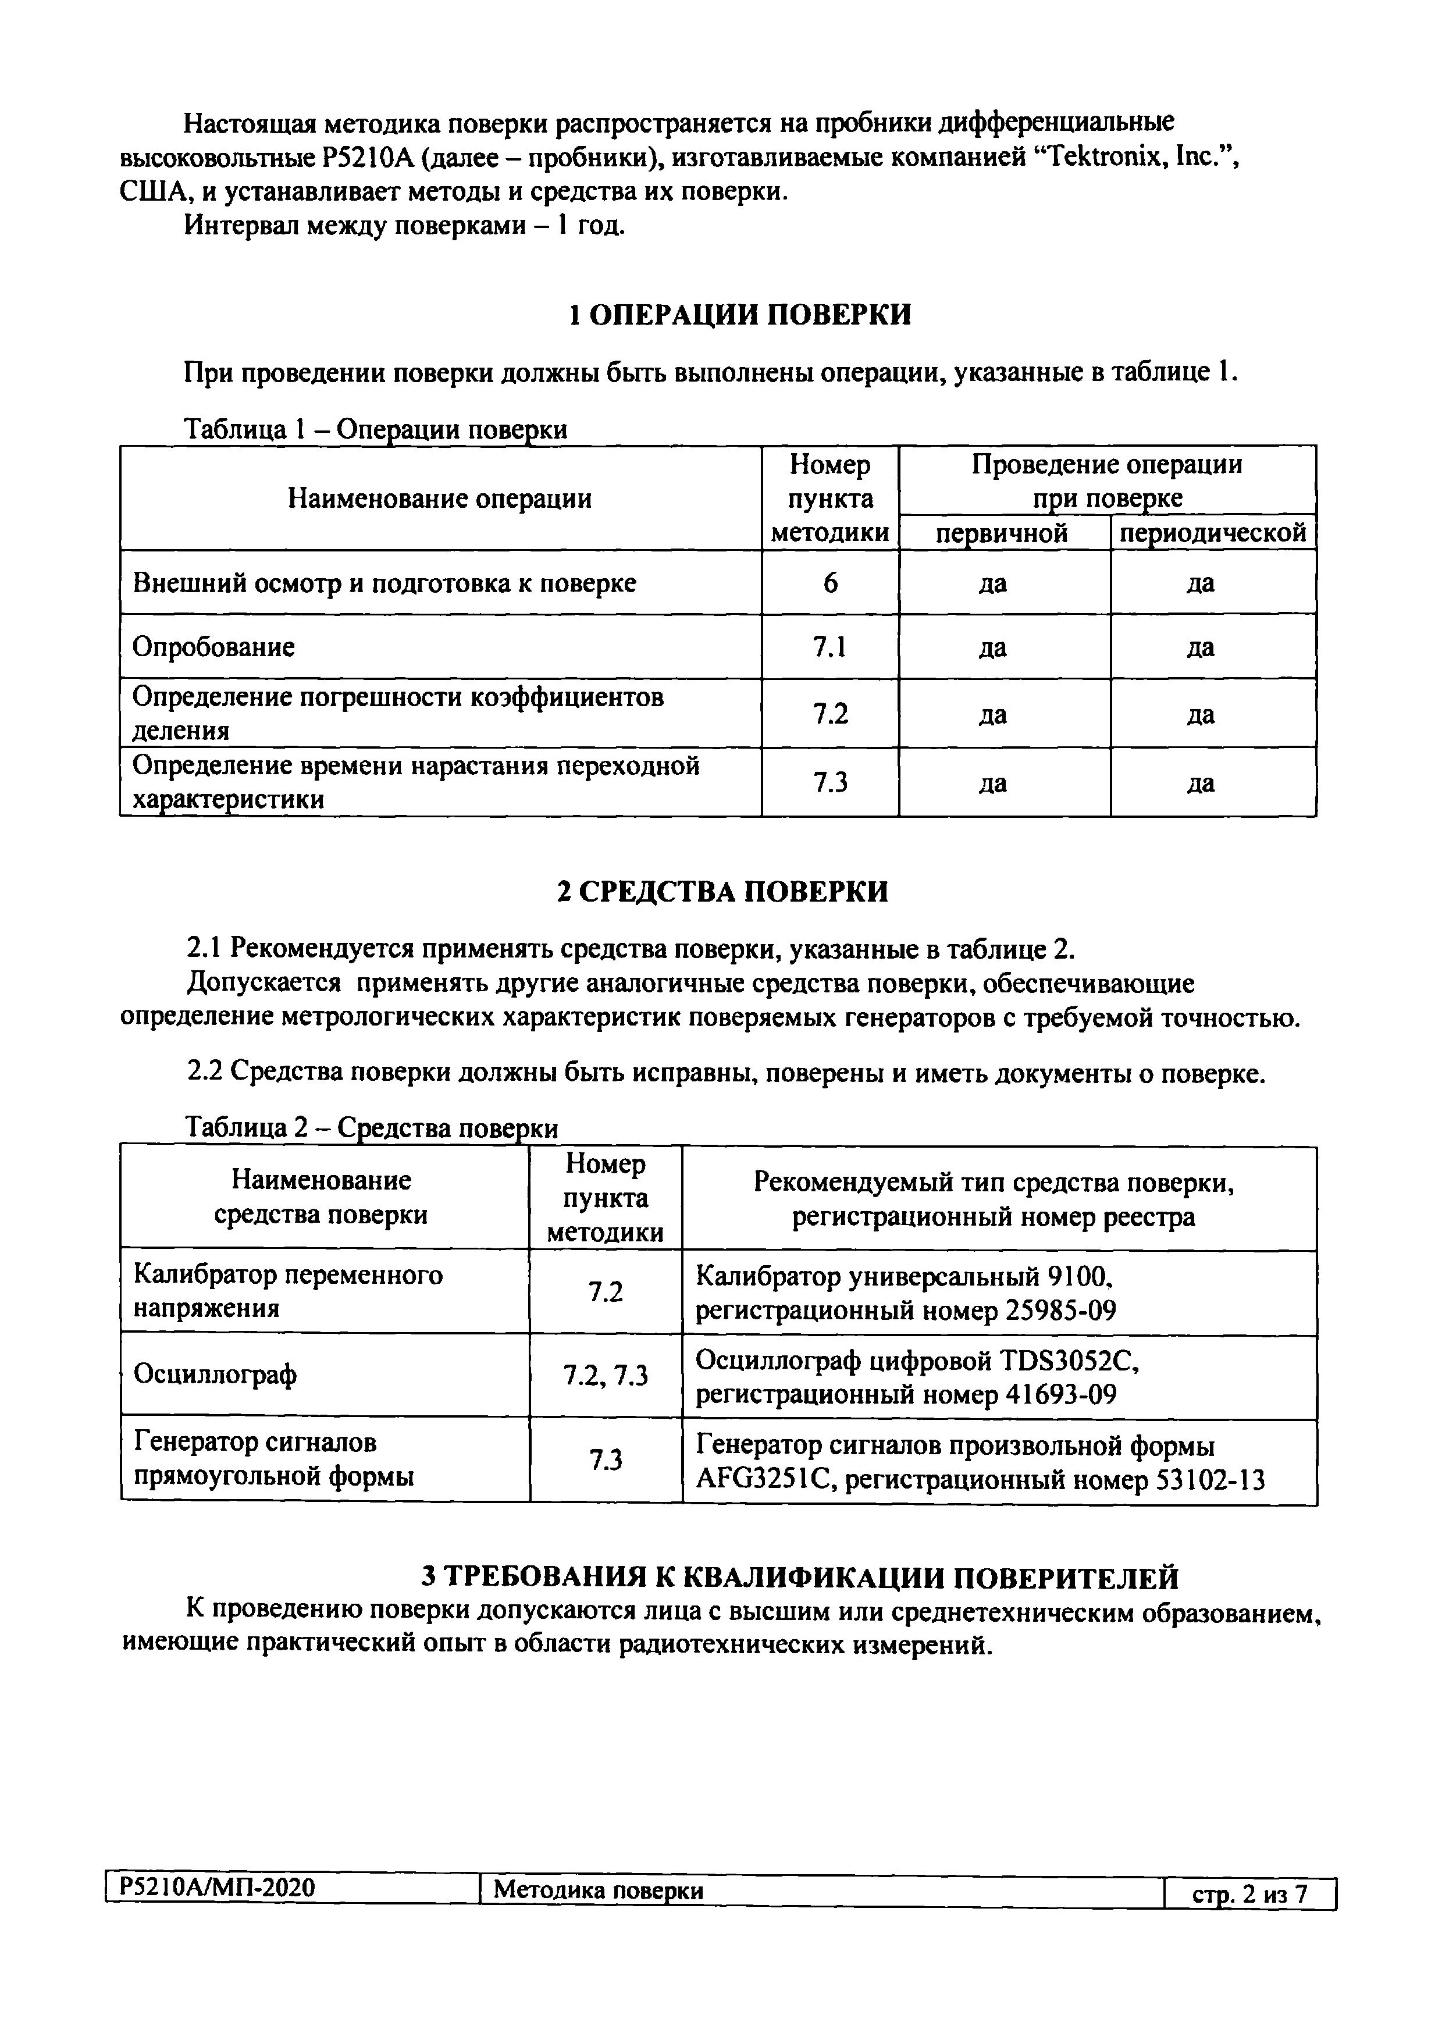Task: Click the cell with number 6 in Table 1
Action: coord(830,583)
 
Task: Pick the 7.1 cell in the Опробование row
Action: coord(830,647)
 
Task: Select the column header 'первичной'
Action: coord(1002,533)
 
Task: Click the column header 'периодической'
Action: coord(1212,533)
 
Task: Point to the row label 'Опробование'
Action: coord(213,647)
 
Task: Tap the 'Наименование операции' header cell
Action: coord(440,499)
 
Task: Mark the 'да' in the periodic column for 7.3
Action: coord(1201,783)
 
